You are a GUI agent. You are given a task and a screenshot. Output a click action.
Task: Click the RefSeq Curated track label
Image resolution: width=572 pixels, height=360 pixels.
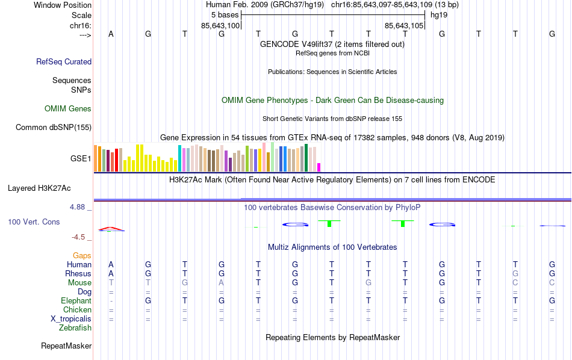click(64, 61)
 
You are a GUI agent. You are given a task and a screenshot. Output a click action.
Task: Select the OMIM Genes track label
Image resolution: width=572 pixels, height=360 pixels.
click(68, 109)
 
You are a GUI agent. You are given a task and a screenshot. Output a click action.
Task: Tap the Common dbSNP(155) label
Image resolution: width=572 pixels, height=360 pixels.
click(54, 127)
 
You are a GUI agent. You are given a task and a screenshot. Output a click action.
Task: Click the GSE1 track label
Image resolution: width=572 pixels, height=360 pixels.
click(81, 159)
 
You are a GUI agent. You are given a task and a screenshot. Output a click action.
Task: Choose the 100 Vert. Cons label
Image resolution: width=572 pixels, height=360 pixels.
click(34, 222)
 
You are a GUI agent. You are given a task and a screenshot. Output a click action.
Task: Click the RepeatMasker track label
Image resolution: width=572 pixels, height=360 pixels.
click(66, 346)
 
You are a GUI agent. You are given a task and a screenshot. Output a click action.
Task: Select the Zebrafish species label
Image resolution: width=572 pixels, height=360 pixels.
click(75, 328)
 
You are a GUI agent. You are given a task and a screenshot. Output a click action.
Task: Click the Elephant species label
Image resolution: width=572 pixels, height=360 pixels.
click(76, 301)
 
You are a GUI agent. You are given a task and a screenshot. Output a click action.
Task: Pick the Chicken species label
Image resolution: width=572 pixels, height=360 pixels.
click(77, 310)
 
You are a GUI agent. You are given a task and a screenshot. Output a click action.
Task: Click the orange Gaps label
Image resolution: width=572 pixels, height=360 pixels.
click(82, 256)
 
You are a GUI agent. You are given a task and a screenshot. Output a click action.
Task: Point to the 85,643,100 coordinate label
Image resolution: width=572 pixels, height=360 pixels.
click(220, 26)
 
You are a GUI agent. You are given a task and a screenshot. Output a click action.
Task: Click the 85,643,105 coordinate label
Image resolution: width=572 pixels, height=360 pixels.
click(404, 26)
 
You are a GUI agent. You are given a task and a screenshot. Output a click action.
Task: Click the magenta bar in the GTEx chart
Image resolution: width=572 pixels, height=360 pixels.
click(319, 167)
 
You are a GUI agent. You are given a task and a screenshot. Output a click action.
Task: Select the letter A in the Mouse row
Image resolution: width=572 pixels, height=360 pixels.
click(222, 283)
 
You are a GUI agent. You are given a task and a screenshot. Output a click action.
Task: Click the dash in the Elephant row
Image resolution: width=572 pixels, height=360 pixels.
click(111, 301)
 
